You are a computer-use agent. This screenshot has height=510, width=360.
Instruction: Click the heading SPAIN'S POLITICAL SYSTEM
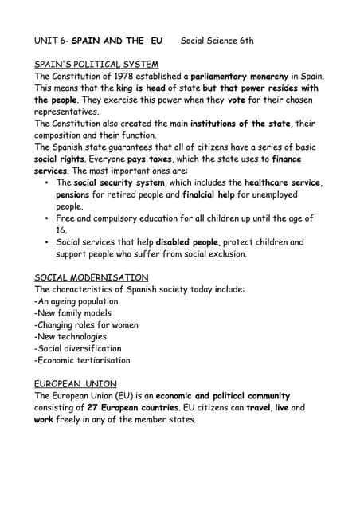click(96, 64)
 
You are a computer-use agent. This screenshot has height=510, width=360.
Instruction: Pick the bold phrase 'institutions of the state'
click(231, 124)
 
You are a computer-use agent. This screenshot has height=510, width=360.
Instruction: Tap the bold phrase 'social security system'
click(119, 182)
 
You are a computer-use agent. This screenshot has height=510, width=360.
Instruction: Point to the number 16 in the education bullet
click(61, 230)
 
